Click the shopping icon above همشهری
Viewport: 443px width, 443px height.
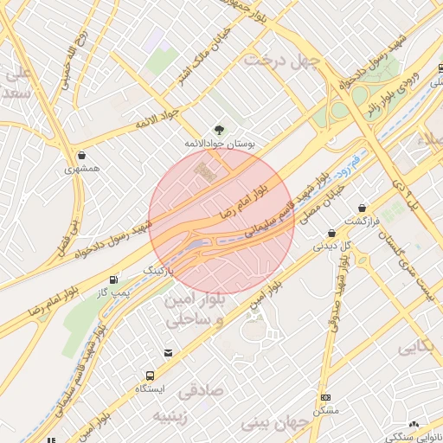[x=81, y=156]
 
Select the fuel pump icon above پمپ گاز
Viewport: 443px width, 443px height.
[x=114, y=279]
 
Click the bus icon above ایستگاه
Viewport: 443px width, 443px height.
[x=151, y=376]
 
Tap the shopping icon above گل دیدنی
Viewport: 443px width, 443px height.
[x=331, y=233]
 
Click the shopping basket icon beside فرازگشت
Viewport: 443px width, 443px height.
[x=362, y=208]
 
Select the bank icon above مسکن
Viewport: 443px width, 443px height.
[x=325, y=397]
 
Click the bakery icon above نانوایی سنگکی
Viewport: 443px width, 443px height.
[x=414, y=424]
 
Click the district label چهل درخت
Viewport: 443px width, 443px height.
[x=282, y=60]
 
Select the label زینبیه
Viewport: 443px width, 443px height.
[x=171, y=416]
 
